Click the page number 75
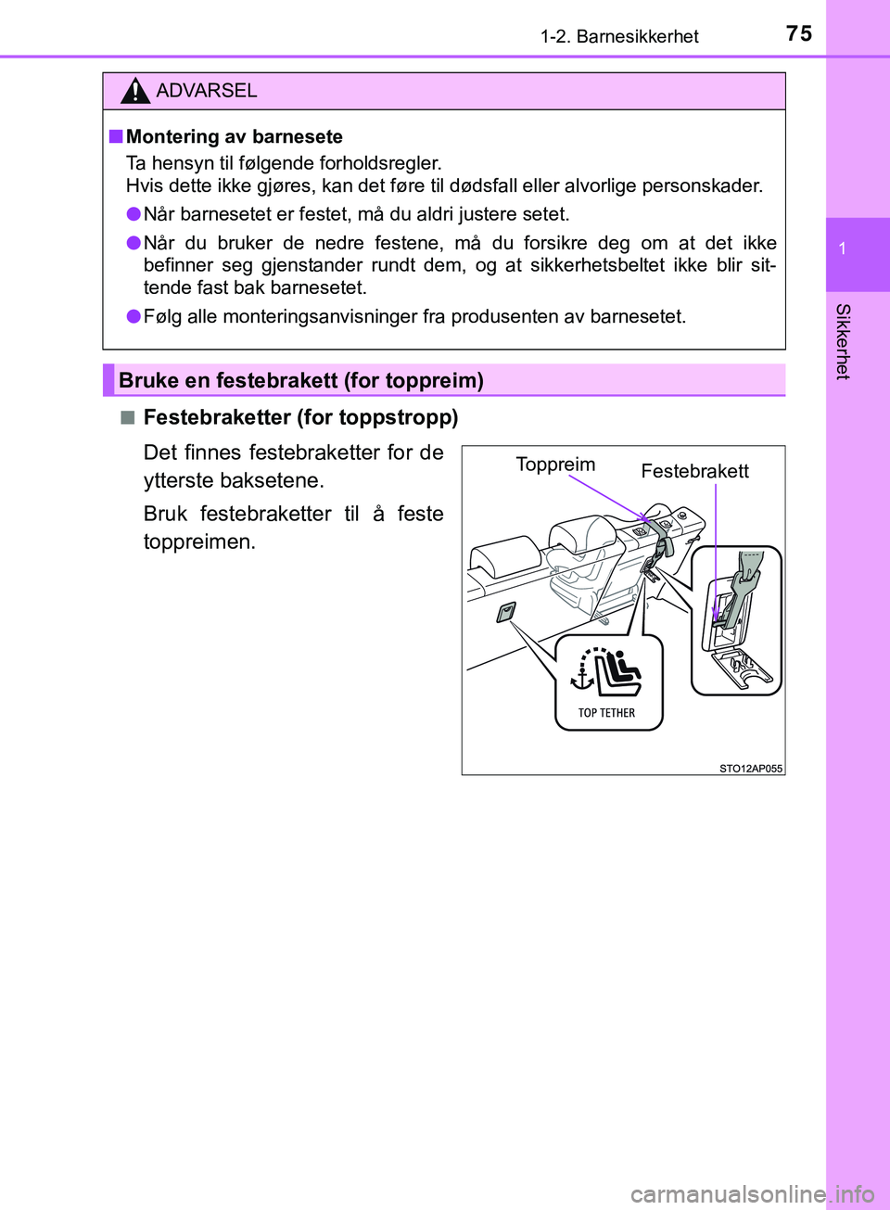[x=798, y=33]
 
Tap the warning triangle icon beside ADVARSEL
[x=134, y=91]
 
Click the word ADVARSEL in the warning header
[x=207, y=91]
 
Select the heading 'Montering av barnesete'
[x=234, y=136]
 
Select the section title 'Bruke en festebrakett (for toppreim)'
[x=301, y=380]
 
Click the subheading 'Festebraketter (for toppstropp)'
[x=300, y=417]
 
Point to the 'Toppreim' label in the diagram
[x=555, y=465]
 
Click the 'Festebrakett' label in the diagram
[x=694, y=471]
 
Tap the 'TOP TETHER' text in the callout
[x=607, y=713]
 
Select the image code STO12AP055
[x=750, y=768]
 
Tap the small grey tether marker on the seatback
[x=505, y=612]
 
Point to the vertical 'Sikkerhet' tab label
[x=842, y=341]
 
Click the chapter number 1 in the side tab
[x=842, y=248]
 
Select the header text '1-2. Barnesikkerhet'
[x=619, y=36]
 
